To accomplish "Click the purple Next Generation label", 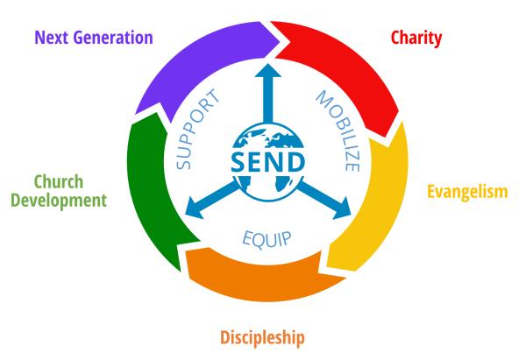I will tap(94, 38).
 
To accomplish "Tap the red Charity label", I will tap(416, 38).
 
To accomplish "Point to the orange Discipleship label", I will tap(263, 336).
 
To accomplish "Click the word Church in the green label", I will tap(59, 182).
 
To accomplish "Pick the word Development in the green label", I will tap(59, 201).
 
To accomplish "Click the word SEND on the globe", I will tap(268, 162).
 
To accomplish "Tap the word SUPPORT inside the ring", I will tap(196, 129).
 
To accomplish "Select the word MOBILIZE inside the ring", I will tap(339, 129).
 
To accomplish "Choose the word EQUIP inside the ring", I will tap(267, 238).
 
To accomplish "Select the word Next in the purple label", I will tap(52, 38).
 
